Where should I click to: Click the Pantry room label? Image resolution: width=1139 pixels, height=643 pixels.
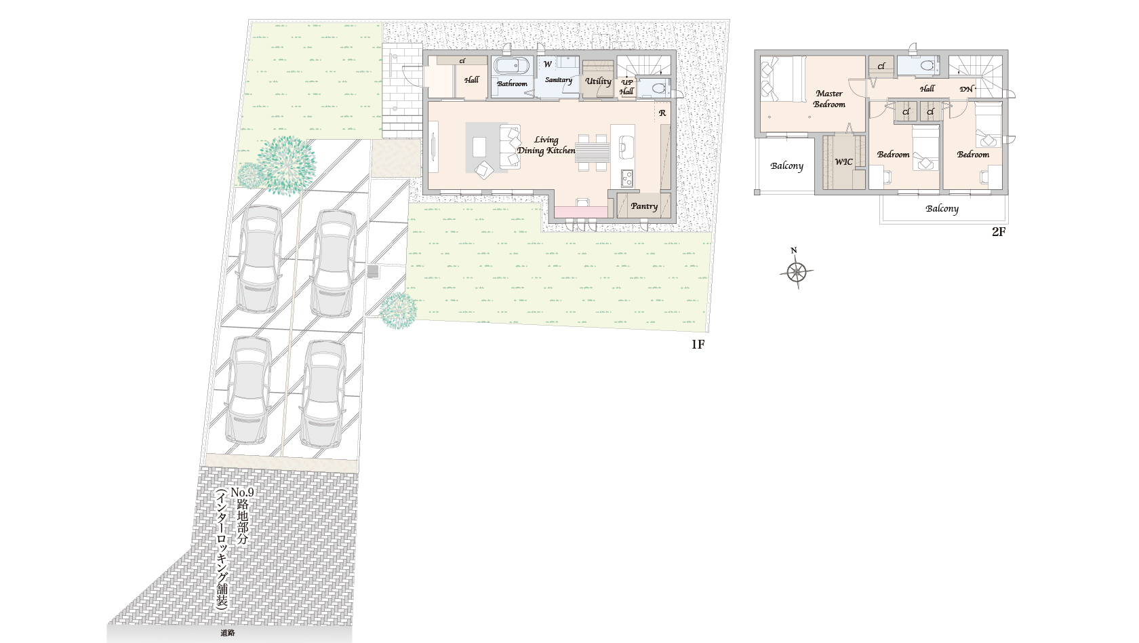coord(644,206)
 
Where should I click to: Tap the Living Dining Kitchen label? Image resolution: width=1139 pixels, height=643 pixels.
coord(546,145)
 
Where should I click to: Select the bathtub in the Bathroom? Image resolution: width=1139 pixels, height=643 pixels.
coord(511,66)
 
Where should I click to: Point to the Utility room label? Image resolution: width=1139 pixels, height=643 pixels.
coord(598,81)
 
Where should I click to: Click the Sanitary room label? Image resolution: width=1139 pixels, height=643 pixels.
coord(559,80)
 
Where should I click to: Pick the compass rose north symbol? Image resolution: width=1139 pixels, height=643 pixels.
coord(796,269)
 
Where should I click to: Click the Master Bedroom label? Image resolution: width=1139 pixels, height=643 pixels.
coord(828,99)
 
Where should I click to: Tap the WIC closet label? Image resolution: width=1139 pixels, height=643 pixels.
coord(843,161)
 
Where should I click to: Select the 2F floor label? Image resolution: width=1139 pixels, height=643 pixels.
coord(999,232)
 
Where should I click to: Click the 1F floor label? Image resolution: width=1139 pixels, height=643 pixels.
coord(698,345)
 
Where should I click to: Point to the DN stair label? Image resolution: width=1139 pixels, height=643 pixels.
coord(966,89)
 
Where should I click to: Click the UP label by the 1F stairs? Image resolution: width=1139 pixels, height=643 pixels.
coord(627,83)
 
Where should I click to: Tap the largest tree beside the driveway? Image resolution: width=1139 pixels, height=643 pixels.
coord(286,165)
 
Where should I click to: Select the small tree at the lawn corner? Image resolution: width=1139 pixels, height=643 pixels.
coord(399,311)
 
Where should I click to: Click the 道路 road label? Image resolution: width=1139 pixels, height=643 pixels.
coord(228,633)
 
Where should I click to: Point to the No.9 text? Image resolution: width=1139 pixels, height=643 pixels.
coord(242,492)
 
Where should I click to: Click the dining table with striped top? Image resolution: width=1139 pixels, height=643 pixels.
coord(593,153)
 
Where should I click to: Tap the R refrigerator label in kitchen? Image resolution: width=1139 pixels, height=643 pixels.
coord(662,113)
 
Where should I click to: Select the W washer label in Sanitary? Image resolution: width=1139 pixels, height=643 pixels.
coord(548,64)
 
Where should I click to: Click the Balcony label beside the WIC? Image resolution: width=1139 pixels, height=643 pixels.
coord(786,165)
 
